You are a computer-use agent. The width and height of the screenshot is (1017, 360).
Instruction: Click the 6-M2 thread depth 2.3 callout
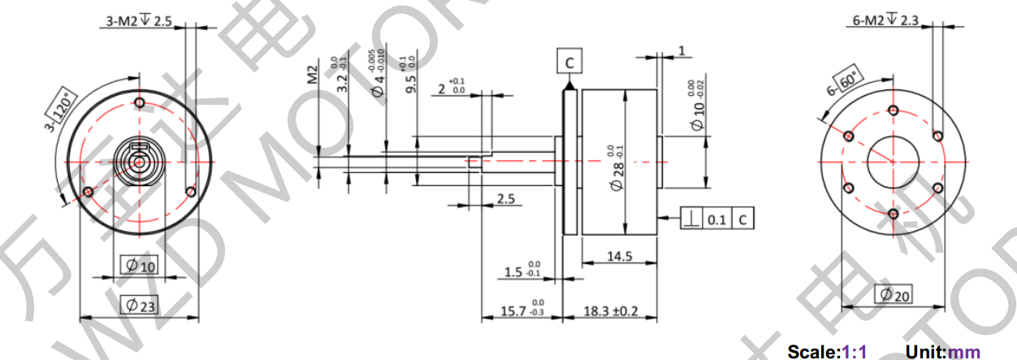(x=885, y=20)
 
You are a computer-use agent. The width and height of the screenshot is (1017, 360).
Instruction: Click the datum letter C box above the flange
(x=569, y=62)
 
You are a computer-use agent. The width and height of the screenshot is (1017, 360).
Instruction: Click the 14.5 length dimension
(x=619, y=257)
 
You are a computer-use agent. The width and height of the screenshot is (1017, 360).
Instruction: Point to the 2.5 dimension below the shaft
(x=505, y=199)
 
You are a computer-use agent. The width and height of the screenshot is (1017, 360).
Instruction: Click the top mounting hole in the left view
(x=140, y=103)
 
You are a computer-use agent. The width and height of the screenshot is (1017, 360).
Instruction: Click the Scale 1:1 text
(x=827, y=352)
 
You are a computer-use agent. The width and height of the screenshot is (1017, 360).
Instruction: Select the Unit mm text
(x=943, y=352)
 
